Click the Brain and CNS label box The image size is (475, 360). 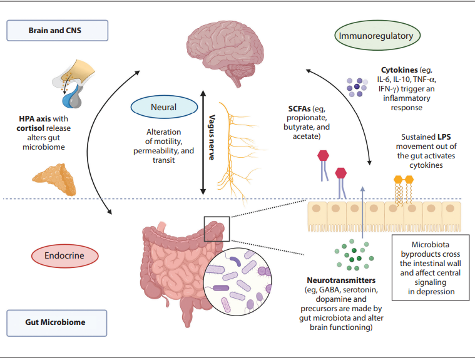coord(57,30)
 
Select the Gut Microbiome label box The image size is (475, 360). coord(57,322)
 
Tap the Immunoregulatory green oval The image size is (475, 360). coord(375,36)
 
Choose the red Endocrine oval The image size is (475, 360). coord(66,255)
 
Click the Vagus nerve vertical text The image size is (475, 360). coord(212,138)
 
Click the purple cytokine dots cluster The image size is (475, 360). coord(359,87)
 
